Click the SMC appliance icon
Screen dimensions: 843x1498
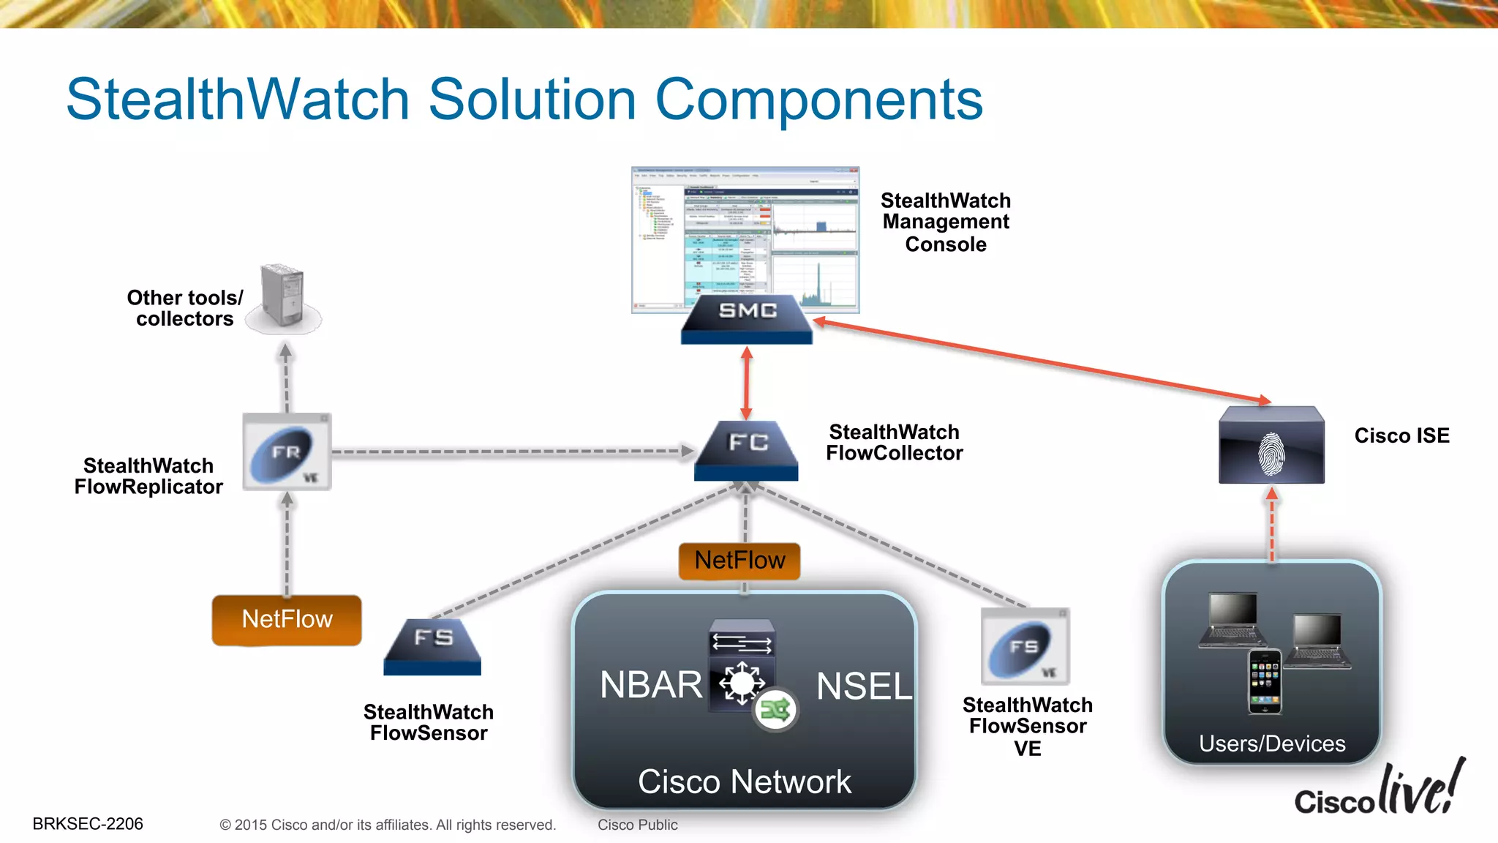click(747, 318)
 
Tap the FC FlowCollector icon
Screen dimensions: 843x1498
click(746, 449)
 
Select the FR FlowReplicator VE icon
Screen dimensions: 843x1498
click(287, 452)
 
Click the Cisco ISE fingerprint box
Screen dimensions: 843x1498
click(1271, 445)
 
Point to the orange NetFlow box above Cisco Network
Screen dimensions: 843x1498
click(739, 561)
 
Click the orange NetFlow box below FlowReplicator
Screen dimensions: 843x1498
click(287, 620)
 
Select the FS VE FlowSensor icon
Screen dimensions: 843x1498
click(1025, 646)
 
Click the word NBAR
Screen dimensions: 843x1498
click(650, 685)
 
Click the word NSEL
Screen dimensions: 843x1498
click(864, 686)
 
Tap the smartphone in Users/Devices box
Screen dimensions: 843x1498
click(1264, 681)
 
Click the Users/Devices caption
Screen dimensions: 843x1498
click(1272, 743)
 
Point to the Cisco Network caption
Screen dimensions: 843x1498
click(744, 782)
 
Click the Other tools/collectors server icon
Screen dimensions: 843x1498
click(284, 297)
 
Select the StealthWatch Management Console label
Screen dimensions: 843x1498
click(946, 222)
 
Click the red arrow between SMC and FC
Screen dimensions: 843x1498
click(746, 382)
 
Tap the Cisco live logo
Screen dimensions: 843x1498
click(1380, 790)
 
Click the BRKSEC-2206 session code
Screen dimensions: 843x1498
click(88, 824)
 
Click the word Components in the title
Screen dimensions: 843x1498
click(818, 100)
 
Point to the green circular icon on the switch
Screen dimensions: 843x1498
click(775, 709)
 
